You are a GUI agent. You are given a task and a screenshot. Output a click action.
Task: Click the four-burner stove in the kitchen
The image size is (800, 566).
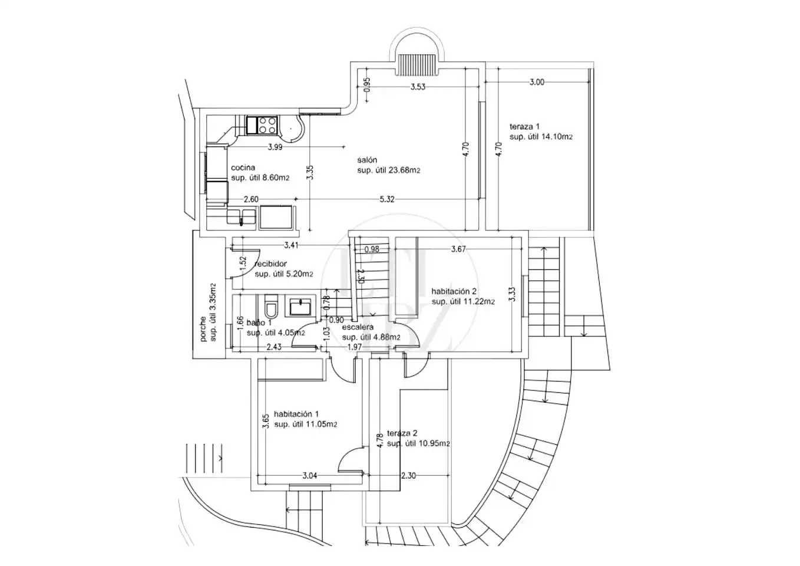[x=262, y=125]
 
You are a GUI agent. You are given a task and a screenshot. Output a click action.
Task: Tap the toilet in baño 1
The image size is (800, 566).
[x=271, y=306]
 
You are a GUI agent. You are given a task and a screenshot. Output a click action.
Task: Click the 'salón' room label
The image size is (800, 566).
[x=367, y=160]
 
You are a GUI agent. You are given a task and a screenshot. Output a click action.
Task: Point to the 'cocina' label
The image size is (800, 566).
[x=243, y=167]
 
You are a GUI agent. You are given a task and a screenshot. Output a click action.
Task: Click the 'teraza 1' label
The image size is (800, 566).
[x=524, y=126]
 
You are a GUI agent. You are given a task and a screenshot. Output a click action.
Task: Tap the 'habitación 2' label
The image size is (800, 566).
[x=454, y=291]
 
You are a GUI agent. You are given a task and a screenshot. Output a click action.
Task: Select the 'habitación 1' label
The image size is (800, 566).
[x=296, y=414]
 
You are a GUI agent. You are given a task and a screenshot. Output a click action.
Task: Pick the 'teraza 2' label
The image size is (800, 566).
[x=402, y=433]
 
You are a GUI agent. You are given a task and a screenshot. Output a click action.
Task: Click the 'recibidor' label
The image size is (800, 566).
[x=271, y=264]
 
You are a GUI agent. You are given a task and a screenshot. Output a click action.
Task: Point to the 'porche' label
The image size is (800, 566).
[x=203, y=329]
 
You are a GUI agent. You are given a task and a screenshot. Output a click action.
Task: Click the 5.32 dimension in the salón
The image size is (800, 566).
[x=387, y=199]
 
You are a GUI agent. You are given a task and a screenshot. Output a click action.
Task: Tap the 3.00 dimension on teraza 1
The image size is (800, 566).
[x=537, y=82]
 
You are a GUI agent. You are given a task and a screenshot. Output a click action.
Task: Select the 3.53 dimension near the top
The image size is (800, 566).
[x=418, y=87]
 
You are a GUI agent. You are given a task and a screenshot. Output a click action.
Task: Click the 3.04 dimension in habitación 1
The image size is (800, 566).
[x=310, y=476]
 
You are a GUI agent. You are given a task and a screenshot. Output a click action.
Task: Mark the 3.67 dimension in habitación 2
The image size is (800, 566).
[x=458, y=249]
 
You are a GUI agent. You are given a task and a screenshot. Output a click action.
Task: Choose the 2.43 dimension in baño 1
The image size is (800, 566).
[x=274, y=347]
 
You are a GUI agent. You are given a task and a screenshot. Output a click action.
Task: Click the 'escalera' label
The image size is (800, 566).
[x=358, y=327]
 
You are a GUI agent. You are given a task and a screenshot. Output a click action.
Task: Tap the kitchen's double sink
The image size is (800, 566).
[x=242, y=217]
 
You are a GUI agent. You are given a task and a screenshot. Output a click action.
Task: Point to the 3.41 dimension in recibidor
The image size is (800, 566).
[x=291, y=245]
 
